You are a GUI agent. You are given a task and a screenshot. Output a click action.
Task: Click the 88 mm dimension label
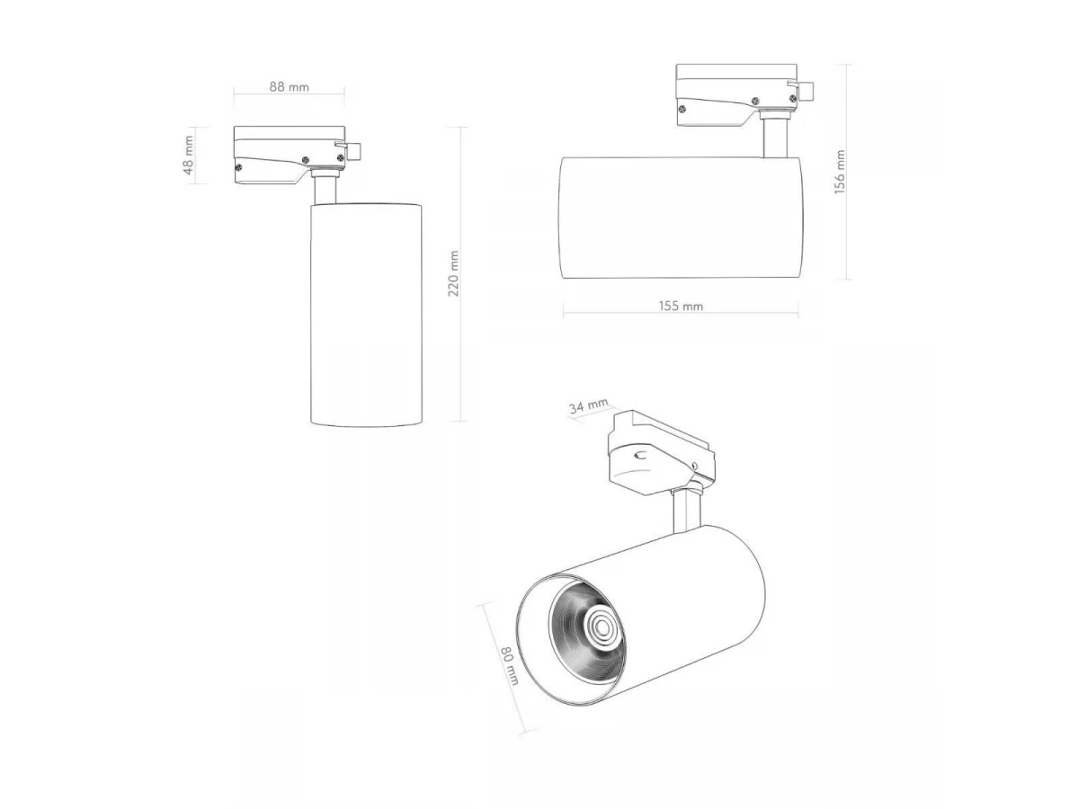tap(289, 87)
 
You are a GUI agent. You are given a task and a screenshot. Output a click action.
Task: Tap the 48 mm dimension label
tap(188, 156)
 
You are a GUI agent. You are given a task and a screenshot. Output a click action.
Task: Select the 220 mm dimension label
tap(453, 273)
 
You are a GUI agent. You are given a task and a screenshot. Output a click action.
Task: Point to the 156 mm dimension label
tap(840, 172)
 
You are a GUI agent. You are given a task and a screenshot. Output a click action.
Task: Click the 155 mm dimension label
tap(681, 306)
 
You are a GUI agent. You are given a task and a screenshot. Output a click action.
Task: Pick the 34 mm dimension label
tap(588, 405)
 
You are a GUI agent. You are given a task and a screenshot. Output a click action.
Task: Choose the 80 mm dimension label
tap(510, 666)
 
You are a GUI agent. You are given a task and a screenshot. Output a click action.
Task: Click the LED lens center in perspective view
tap(601, 627)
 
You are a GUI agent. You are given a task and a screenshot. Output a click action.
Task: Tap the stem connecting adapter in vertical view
tap(325, 188)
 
